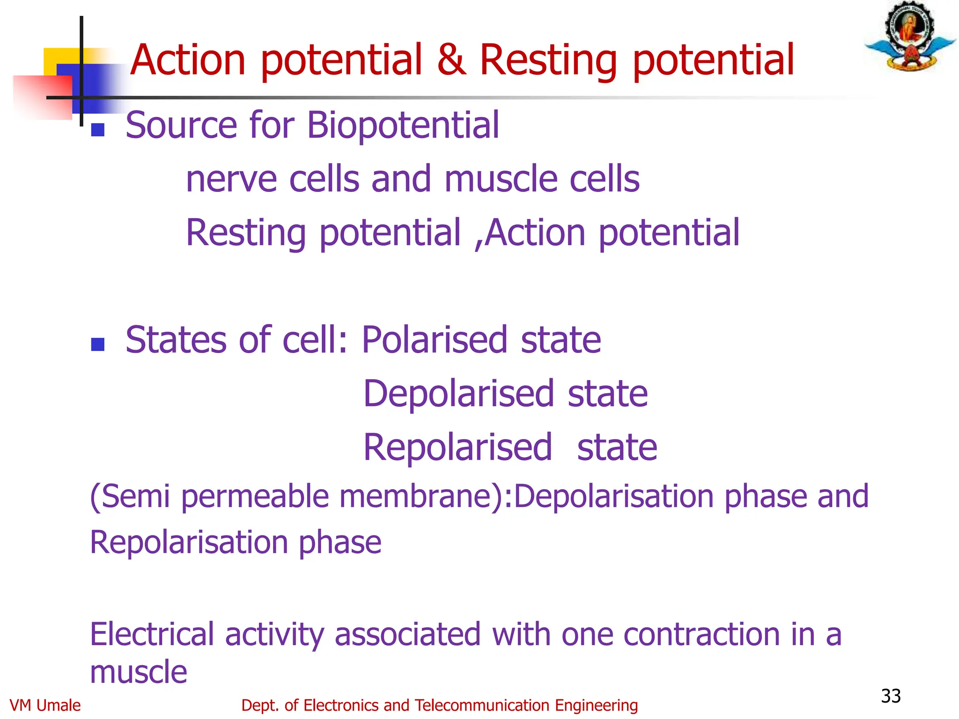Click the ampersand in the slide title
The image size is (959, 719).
coord(451,60)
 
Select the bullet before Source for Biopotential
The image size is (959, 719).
coord(97,130)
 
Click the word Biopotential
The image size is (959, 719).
coord(403,125)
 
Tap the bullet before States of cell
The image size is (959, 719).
coord(97,345)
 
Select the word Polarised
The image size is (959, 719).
coord(435,340)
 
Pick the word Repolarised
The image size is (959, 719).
coord(458,448)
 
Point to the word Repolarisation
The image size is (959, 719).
coord(188,543)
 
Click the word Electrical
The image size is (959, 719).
coord(151,635)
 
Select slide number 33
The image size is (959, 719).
coord(890,696)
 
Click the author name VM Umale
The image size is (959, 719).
coord(45,705)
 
